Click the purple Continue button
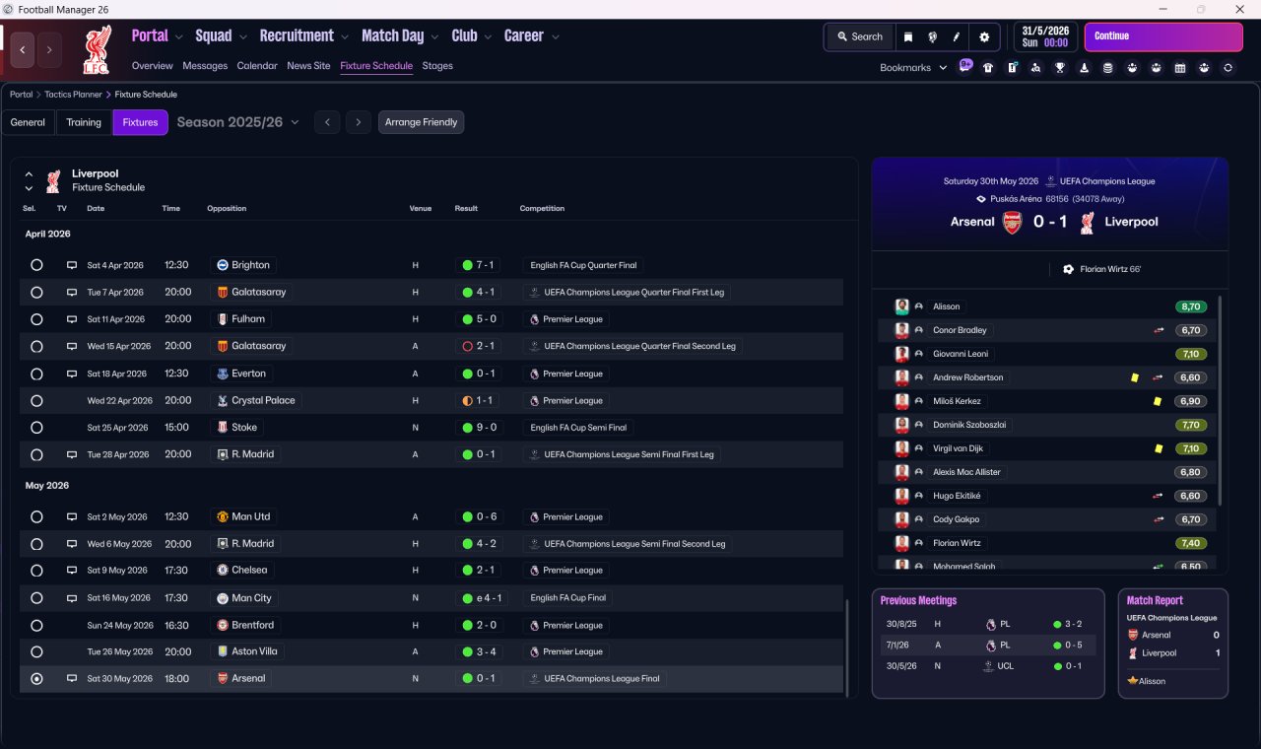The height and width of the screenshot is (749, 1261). [x=1163, y=36]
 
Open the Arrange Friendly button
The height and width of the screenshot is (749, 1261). [x=421, y=122]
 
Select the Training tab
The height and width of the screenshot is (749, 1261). [x=84, y=122]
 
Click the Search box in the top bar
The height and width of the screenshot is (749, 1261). [x=860, y=36]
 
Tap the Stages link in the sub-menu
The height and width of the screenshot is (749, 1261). [x=437, y=66]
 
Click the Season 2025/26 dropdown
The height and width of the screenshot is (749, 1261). [x=237, y=122]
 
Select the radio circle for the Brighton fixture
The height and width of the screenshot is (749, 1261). [x=36, y=265]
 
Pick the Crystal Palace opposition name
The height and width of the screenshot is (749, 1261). [x=263, y=400]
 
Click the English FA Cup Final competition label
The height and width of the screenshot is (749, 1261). [x=567, y=598]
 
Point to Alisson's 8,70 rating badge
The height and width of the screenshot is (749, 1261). [x=1191, y=306]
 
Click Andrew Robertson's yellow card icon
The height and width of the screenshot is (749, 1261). [x=1134, y=377]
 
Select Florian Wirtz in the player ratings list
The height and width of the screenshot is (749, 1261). [x=957, y=543]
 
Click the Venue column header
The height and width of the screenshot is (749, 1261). [x=420, y=208]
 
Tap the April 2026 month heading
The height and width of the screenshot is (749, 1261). [x=48, y=234]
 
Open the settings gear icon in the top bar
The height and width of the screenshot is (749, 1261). [x=984, y=37]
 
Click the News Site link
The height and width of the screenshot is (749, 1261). [x=308, y=66]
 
